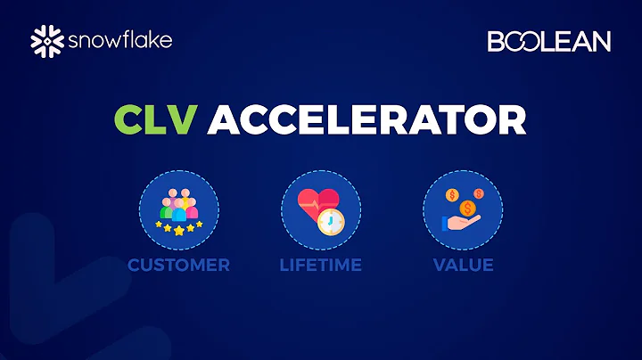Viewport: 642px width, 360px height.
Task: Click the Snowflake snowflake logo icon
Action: tap(45, 40)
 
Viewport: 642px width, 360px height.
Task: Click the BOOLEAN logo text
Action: tap(548, 41)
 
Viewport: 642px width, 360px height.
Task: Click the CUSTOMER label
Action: tap(178, 265)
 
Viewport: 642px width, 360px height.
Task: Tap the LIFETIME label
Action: tap(320, 265)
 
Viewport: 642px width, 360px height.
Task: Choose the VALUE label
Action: tap(463, 265)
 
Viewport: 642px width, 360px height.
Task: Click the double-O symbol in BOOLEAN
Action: tap(519, 41)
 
